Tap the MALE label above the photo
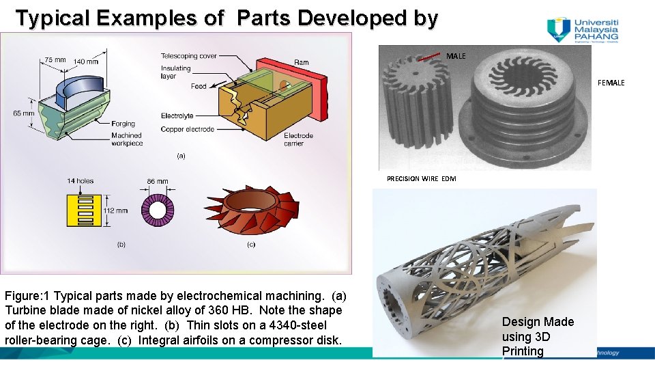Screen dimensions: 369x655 click(x=456, y=56)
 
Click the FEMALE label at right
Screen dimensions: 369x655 click(x=611, y=83)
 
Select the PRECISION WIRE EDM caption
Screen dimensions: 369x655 click(x=421, y=178)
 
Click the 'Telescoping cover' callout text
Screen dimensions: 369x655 click(x=188, y=55)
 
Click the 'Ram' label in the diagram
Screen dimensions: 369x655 click(x=301, y=62)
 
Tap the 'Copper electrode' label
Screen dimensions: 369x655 click(x=187, y=129)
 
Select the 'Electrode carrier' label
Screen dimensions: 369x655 click(x=298, y=139)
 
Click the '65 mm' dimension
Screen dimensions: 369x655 click(x=25, y=113)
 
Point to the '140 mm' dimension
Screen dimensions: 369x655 click(x=85, y=61)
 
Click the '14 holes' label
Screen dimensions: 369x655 click(x=81, y=180)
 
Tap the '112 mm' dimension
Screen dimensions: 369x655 click(x=115, y=211)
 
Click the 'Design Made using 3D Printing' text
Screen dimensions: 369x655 click(x=538, y=336)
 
